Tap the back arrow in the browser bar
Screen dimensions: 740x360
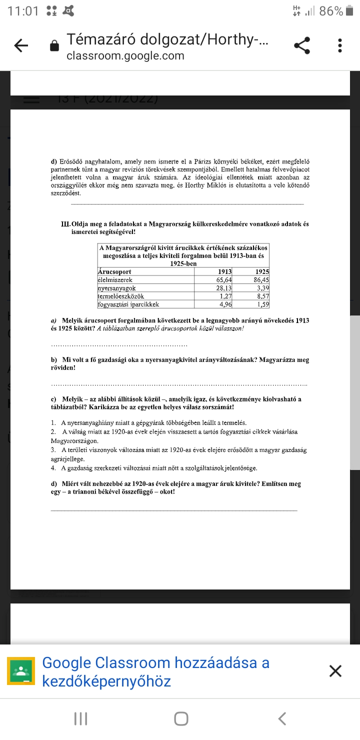point(20,46)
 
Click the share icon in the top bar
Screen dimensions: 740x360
point(301,46)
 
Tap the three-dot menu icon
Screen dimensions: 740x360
point(340,46)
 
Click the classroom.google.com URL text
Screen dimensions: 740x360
point(125,56)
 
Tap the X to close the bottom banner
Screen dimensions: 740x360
point(335,671)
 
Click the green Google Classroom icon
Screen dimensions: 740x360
point(21,670)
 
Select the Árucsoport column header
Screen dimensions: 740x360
point(114,272)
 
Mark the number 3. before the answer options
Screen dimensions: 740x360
point(53,450)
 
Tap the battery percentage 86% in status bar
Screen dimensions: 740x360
point(331,11)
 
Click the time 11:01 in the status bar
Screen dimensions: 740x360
point(23,11)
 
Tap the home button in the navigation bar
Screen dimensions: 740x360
point(181,718)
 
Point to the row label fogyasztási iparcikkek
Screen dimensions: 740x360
point(128,303)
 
